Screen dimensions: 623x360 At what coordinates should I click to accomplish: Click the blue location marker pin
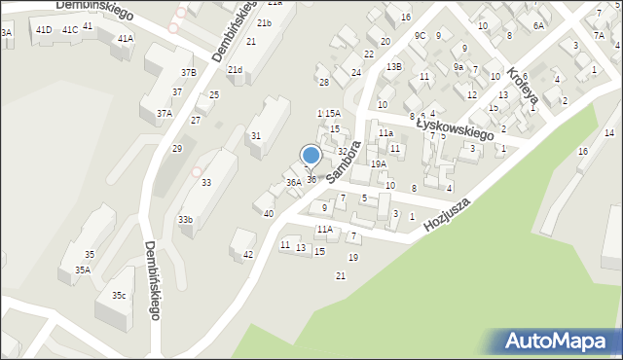[311, 157]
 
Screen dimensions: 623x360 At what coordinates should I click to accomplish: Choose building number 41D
[44, 30]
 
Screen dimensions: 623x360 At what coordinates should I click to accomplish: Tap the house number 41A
[125, 39]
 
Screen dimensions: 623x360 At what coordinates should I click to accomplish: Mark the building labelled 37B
[188, 72]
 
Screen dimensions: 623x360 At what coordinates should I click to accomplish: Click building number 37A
[164, 114]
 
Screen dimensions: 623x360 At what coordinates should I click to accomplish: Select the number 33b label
[185, 220]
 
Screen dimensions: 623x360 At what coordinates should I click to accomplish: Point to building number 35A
[83, 270]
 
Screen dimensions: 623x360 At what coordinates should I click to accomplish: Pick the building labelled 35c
[118, 295]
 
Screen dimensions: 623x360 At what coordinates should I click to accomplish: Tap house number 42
[248, 255]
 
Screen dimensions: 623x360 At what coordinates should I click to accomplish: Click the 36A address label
[293, 183]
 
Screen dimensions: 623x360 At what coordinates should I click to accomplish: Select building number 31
[256, 136]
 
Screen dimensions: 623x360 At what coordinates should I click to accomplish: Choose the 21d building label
[235, 70]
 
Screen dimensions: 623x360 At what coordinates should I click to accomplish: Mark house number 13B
[393, 67]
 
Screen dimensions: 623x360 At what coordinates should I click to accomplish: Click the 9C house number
[420, 36]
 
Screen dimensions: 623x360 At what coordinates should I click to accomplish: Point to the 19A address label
[378, 164]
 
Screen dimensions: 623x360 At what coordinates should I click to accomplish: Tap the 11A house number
[324, 230]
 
